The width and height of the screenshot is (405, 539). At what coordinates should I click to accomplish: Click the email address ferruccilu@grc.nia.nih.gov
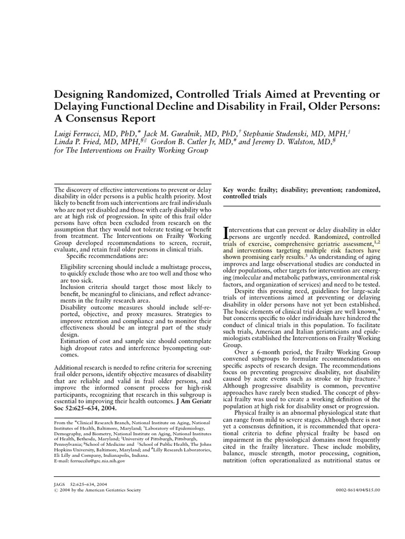click(x=90, y=460)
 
